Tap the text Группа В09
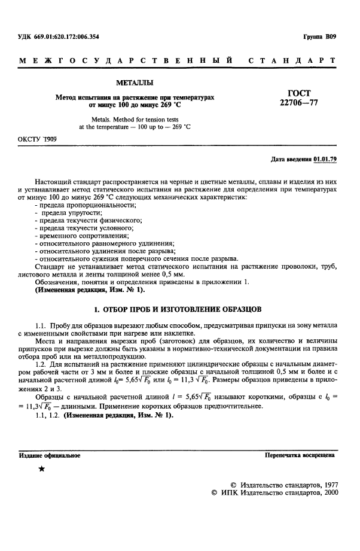[x=320, y=37]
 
